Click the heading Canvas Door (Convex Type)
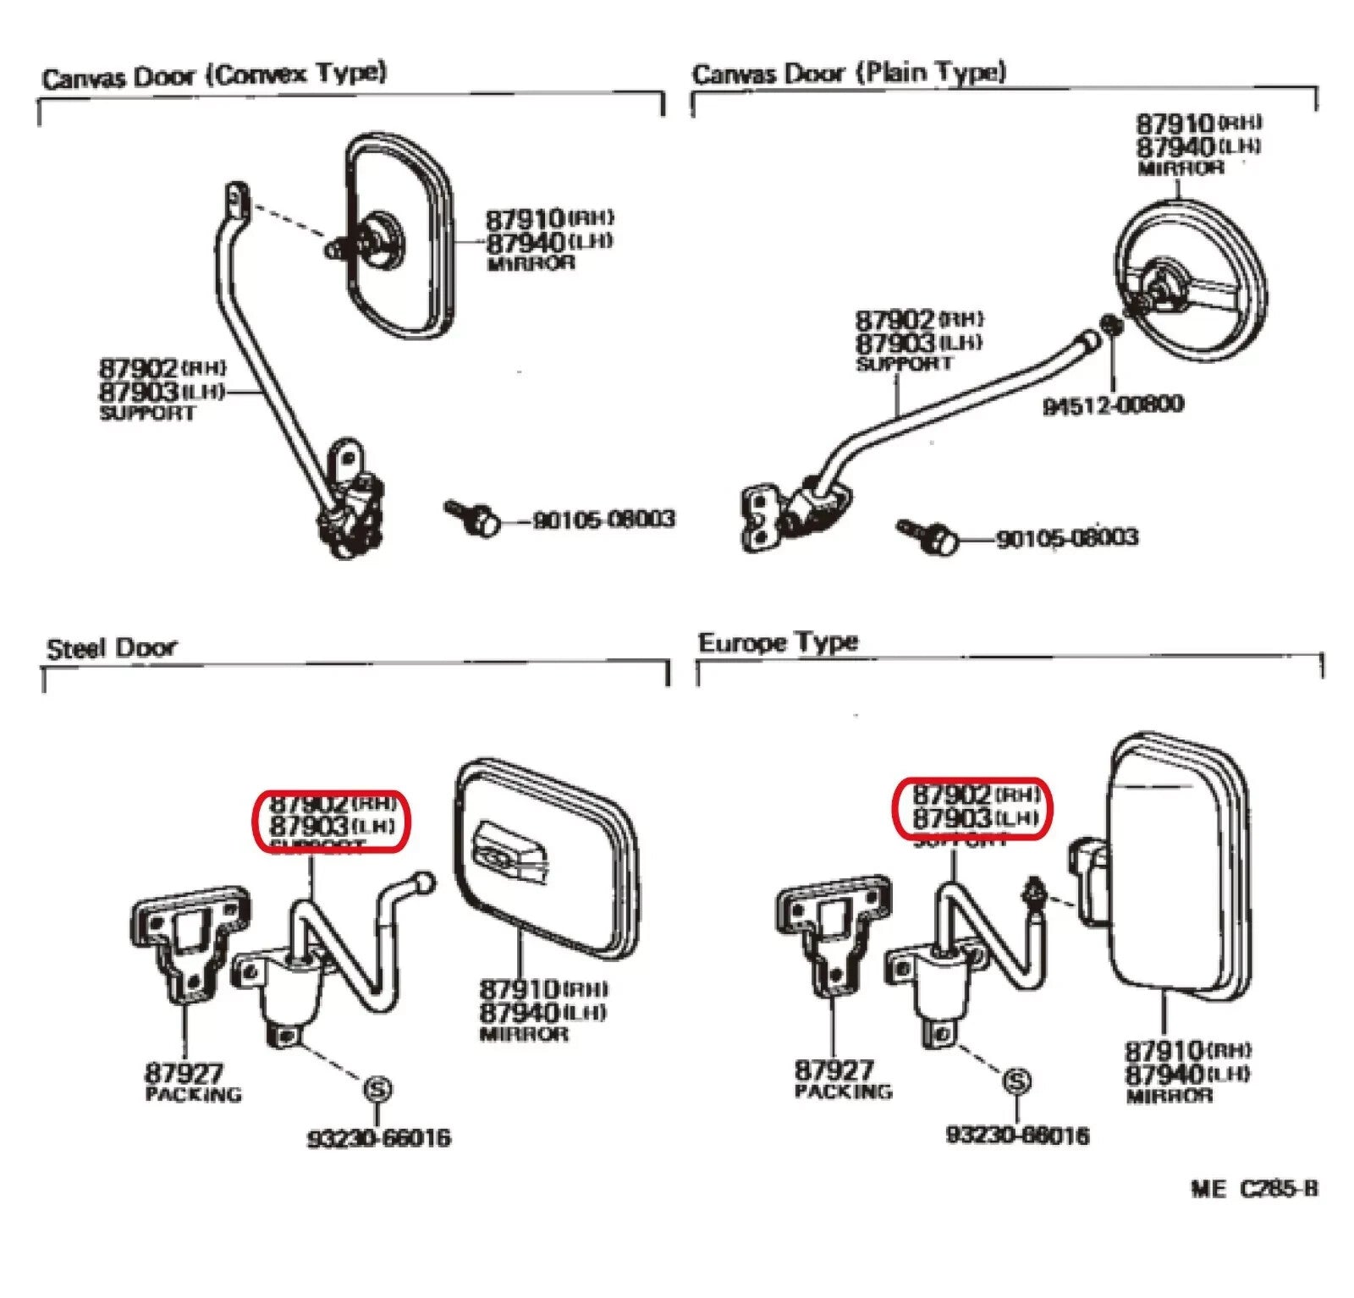pyautogui.click(x=214, y=76)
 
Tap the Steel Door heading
pyautogui.click(x=112, y=649)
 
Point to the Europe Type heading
pyautogui.click(x=778, y=643)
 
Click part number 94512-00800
pyautogui.click(x=1113, y=405)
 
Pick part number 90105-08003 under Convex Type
pyautogui.click(x=603, y=519)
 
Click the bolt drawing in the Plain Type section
pyautogui.click(x=928, y=536)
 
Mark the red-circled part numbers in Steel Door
pyautogui.click(x=332, y=821)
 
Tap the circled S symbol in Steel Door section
pyautogui.click(x=377, y=1089)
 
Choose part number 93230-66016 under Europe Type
pyautogui.click(x=1017, y=1135)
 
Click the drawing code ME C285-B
pyautogui.click(x=1253, y=1189)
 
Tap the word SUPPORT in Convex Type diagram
pyautogui.click(x=147, y=414)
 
